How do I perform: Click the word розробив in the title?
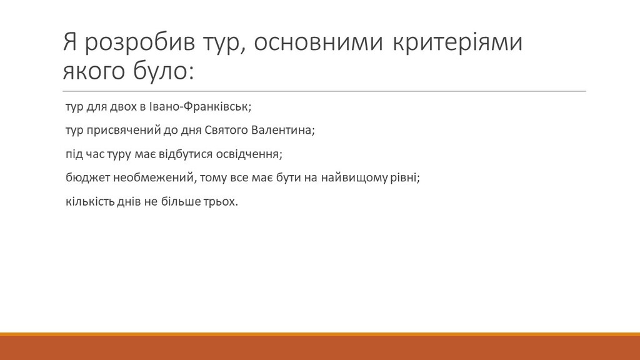coord(139,42)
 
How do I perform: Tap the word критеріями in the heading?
coord(457,42)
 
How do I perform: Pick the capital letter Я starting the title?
coord(70,42)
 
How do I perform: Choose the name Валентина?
coord(283,130)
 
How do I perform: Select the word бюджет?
coord(87,177)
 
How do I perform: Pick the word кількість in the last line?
coord(90,202)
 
